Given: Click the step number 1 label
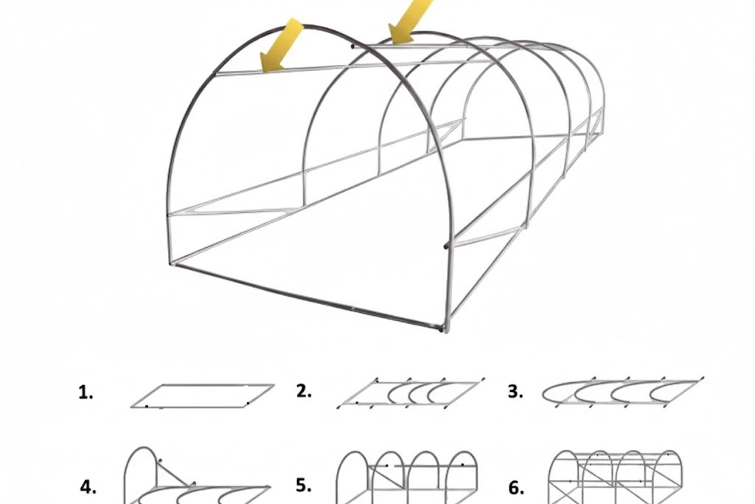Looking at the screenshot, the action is [x=86, y=393].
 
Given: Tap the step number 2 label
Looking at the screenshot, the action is [x=304, y=392].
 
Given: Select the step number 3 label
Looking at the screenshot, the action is [x=515, y=393].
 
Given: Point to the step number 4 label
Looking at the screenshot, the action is [x=88, y=488].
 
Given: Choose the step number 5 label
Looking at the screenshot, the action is [x=304, y=486].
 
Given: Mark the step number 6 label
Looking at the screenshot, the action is [x=515, y=488].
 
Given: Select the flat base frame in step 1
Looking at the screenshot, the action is [x=203, y=396].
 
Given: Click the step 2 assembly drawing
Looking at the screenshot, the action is [x=411, y=393].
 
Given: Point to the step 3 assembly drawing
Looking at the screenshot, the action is [x=622, y=393].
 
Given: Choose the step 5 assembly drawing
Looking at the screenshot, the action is [x=407, y=477].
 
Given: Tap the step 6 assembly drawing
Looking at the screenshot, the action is [x=616, y=477].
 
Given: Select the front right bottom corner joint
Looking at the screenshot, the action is [x=442, y=329].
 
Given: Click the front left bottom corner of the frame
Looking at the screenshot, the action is [x=172, y=263].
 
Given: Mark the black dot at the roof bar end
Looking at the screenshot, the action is [x=352, y=46].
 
